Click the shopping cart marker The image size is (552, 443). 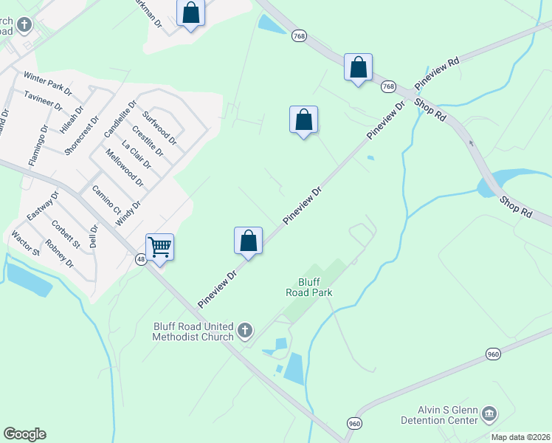coord(159,248)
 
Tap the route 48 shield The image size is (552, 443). coord(141,259)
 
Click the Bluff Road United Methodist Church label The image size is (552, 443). coord(193,332)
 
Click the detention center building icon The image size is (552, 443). coord(489,416)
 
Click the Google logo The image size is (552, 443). coord(25,434)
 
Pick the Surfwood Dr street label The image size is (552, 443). coord(160,126)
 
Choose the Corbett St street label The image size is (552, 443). coord(66,231)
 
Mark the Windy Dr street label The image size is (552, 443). coord(128,213)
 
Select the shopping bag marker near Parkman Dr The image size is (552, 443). coord(190,14)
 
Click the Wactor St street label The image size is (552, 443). coord(25,244)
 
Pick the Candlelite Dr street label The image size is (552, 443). coord(120,119)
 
